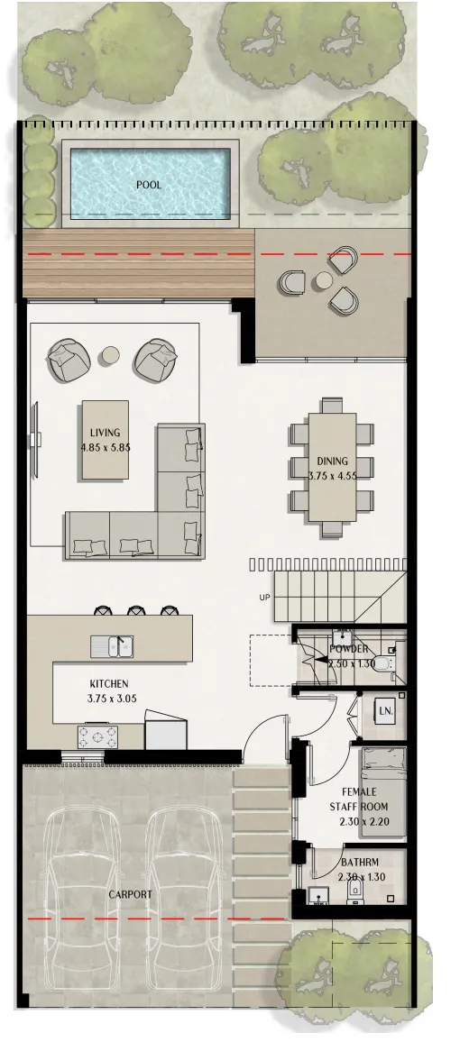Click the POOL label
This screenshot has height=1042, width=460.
(x=149, y=185)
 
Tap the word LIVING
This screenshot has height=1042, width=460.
(x=105, y=433)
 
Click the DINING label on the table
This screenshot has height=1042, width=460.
(x=332, y=461)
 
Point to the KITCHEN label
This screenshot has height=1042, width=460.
(x=108, y=684)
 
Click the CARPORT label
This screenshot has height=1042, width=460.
(x=131, y=895)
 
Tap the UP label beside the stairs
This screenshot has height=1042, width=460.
(x=263, y=598)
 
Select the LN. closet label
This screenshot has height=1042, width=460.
(x=386, y=712)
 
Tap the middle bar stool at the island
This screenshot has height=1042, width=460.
(x=135, y=610)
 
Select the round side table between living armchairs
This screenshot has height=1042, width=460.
(x=110, y=356)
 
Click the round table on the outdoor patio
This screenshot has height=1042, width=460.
(x=323, y=281)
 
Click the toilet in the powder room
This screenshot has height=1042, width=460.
(x=382, y=665)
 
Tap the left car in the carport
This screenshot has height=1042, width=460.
(x=83, y=879)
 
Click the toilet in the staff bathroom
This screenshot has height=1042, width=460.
(x=355, y=891)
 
